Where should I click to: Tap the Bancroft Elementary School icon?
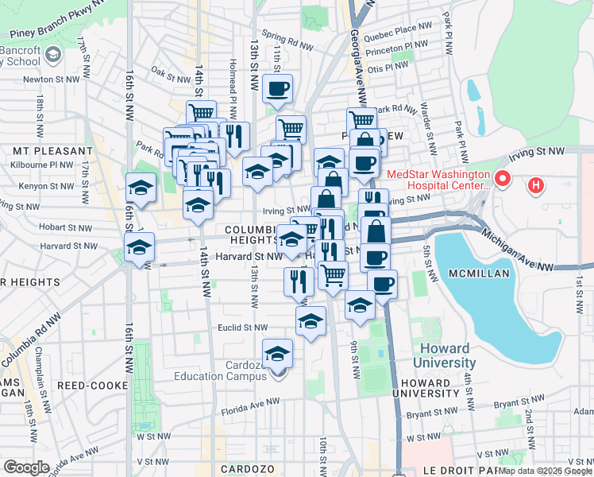[x=53, y=54]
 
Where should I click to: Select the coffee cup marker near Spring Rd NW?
[x=277, y=90]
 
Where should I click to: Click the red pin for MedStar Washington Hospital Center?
[x=501, y=178]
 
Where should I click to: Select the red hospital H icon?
[x=537, y=185]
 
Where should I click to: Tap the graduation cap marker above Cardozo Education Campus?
[x=278, y=353]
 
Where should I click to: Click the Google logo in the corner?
[x=26, y=467]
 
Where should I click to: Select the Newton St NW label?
[x=52, y=79]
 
